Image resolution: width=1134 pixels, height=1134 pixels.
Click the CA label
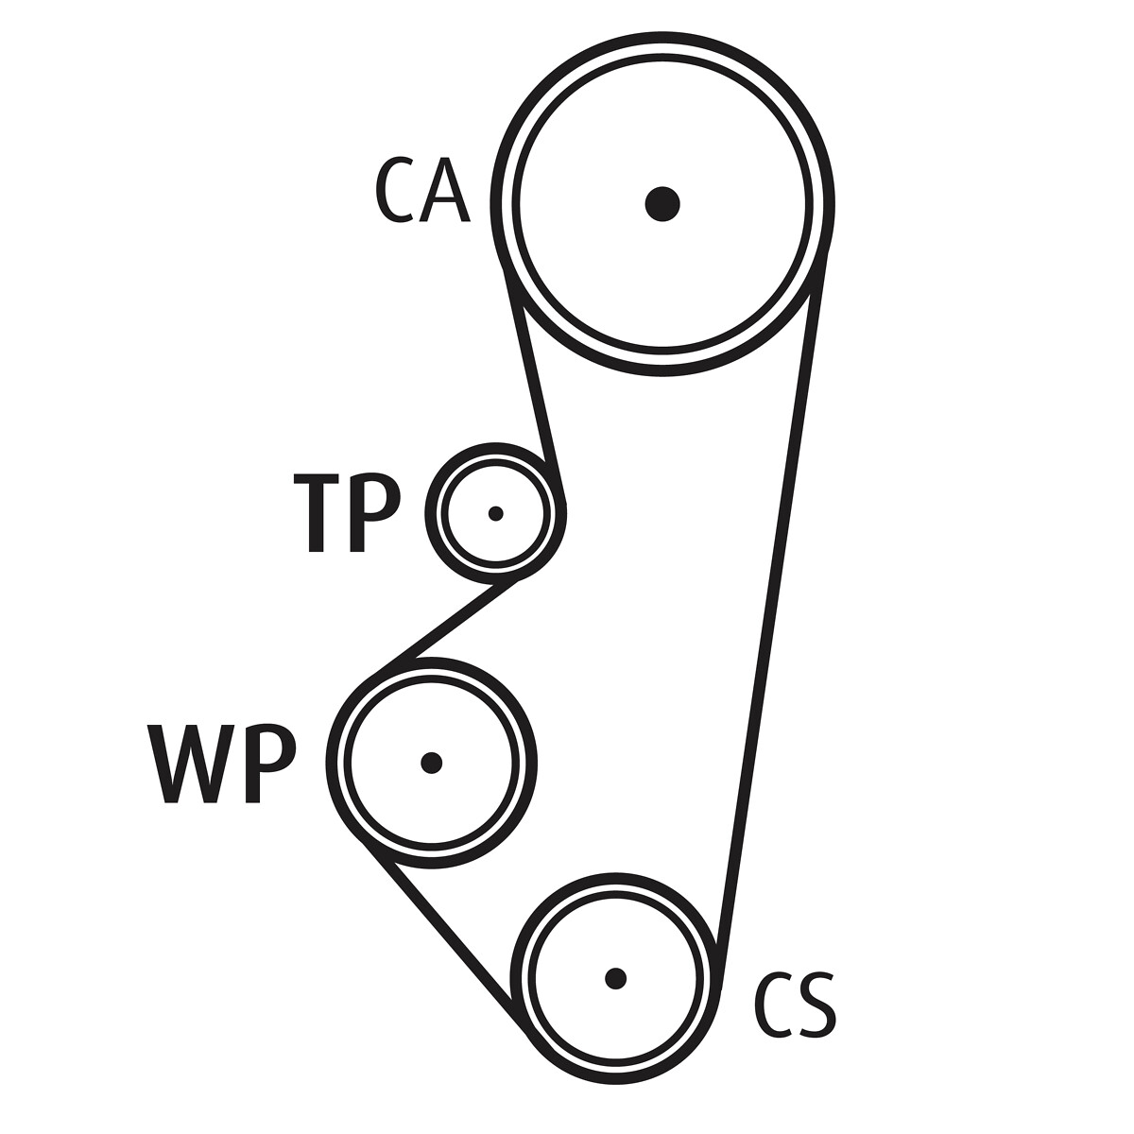[422, 190]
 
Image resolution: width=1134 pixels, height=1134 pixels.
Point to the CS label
[795, 1005]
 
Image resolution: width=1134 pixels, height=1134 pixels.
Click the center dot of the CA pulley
[662, 204]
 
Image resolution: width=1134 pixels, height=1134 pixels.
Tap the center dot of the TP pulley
[495, 514]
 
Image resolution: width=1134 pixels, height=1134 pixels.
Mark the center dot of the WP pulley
[431, 763]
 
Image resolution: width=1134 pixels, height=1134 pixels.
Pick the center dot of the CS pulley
[615, 979]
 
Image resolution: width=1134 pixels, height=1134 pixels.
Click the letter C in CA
[394, 190]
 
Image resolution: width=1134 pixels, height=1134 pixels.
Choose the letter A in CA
[445, 191]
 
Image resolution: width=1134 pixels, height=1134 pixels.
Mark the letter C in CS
[773, 1005]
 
